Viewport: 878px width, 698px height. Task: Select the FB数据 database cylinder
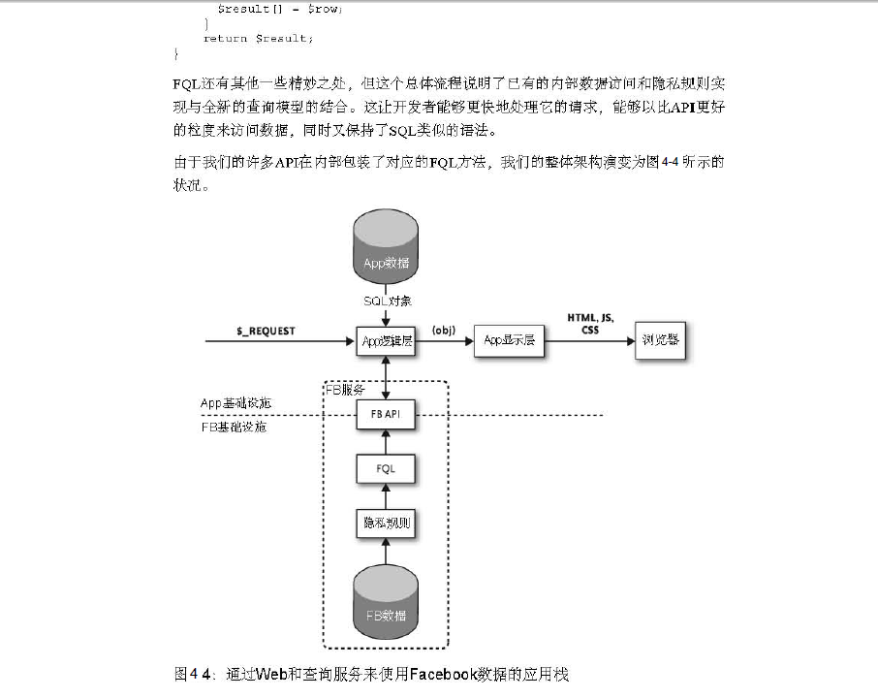pos(387,601)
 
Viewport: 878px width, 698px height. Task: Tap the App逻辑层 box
pos(387,340)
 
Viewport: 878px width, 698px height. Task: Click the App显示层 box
pos(510,340)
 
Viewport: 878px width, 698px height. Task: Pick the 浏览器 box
pos(660,340)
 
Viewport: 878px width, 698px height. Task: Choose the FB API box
pos(387,415)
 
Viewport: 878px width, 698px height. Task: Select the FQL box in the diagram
pos(387,469)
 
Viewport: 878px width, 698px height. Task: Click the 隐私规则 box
pos(387,523)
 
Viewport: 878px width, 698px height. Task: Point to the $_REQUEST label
pos(266,331)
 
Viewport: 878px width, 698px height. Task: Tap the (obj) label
pos(444,331)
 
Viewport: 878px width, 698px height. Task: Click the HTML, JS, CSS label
pos(590,323)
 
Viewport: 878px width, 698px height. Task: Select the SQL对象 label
pos(387,301)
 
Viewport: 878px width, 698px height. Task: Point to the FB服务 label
pos(346,390)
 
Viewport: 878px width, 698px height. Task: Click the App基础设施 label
pos(234,403)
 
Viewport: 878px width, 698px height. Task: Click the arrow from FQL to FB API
pos(387,442)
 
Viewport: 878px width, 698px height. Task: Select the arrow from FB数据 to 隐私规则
pos(387,552)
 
